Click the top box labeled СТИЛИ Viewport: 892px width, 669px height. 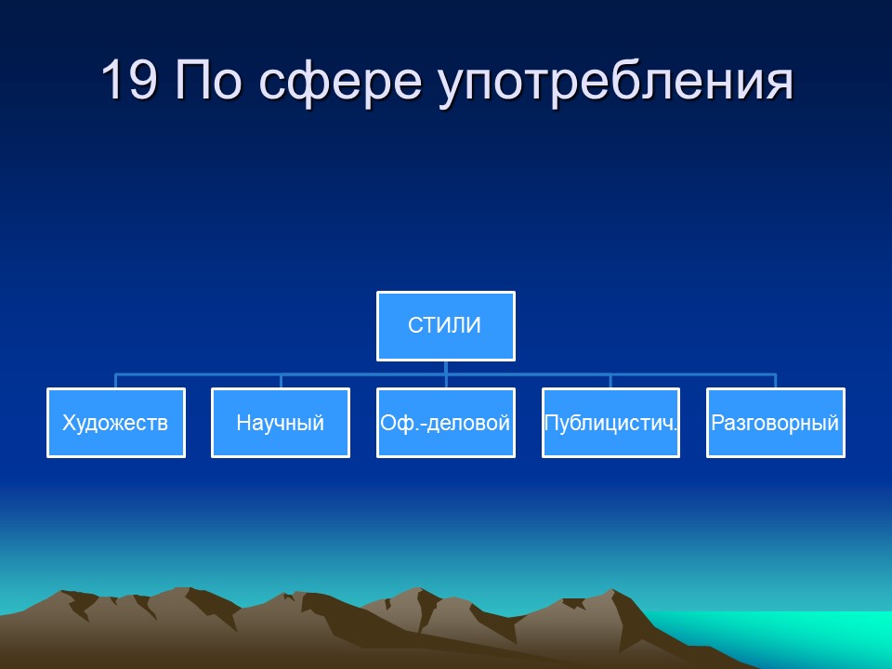click(x=445, y=326)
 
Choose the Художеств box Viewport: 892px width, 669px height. click(x=115, y=423)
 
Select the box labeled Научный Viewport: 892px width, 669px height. click(x=281, y=423)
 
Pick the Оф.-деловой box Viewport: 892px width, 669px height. click(x=445, y=423)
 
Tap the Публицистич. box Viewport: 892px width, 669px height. click(x=610, y=423)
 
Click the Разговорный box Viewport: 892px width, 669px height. click(x=775, y=423)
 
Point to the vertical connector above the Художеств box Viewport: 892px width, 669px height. click(x=115, y=381)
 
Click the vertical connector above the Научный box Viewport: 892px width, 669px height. click(x=281, y=381)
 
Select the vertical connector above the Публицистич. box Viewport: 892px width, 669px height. click(x=610, y=381)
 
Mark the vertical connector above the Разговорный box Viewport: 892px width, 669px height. click(x=775, y=381)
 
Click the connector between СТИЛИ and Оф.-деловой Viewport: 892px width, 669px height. click(x=446, y=374)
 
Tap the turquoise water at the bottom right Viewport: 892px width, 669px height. click(x=836, y=636)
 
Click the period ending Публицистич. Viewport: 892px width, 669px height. click(x=676, y=430)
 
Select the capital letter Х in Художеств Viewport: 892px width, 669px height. click(x=69, y=424)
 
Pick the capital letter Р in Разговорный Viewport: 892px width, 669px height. click(x=717, y=424)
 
